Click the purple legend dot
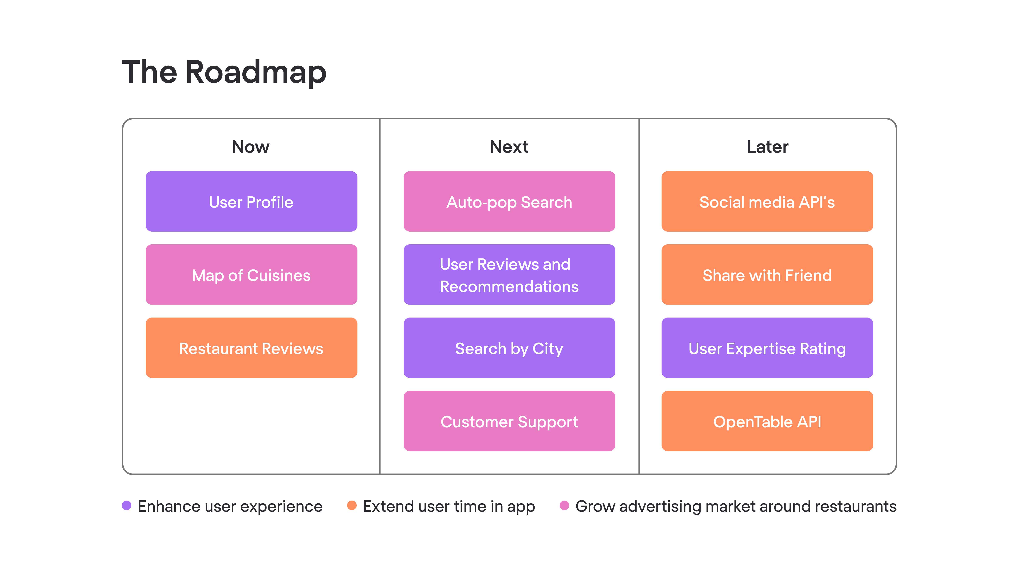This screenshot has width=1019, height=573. (x=127, y=505)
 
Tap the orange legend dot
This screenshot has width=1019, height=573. (x=352, y=505)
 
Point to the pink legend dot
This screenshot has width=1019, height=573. (x=564, y=505)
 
